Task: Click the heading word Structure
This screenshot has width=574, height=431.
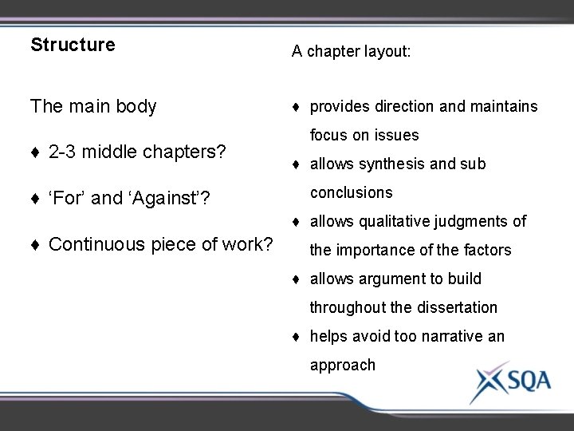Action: pyautogui.click(x=73, y=45)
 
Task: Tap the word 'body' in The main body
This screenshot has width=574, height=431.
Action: pyautogui.click(x=136, y=106)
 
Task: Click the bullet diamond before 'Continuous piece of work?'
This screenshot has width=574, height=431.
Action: pyautogui.click(x=36, y=244)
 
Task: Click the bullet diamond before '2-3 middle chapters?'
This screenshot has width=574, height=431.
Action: pyautogui.click(x=36, y=152)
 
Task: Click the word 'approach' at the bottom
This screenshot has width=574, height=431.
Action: pyautogui.click(x=342, y=365)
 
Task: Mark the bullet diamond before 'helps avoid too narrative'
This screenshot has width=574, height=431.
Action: pyautogui.click(x=297, y=337)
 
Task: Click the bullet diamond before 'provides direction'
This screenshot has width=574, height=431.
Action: pyautogui.click(x=297, y=107)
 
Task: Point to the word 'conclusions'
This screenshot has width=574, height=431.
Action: pyautogui.click(x=351, y=192)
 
